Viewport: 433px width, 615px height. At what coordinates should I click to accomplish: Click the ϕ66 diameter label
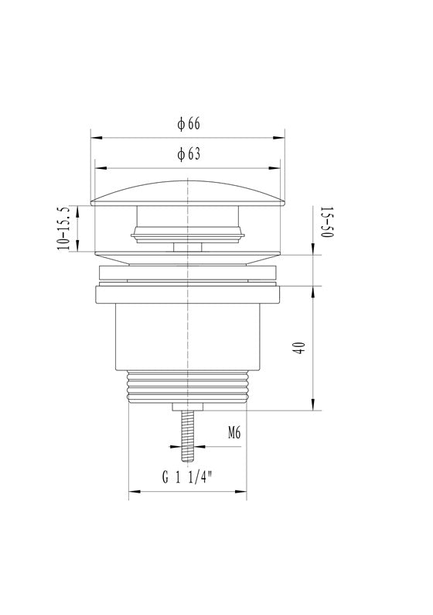[189, 124]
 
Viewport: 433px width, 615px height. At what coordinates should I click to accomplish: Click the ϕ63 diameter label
[189, 153]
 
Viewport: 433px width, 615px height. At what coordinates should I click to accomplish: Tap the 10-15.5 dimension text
[63, 228]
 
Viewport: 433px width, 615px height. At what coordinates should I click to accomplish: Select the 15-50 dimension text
[327, 222]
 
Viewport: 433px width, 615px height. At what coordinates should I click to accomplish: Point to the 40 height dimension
[299, 348]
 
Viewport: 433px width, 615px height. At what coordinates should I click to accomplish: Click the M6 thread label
[234, 433]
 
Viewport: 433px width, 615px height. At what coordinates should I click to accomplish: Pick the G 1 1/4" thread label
[187, 477]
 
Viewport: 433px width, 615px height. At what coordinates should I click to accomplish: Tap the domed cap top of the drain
[188, 193]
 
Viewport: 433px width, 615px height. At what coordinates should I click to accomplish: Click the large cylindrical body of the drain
[188, 336]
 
